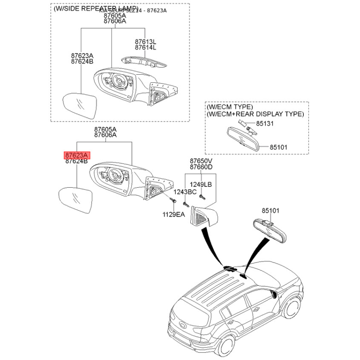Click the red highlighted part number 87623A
(77, 155)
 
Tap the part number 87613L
(145, 41)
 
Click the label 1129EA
(174, 215)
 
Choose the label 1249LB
(200, 184)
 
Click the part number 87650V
(201, 161)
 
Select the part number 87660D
(201, 167)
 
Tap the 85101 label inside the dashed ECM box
(279, 147)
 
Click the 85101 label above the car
(271, 210)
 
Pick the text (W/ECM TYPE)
(229, 108)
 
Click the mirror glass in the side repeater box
(79, 106)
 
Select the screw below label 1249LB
(203, 196)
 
